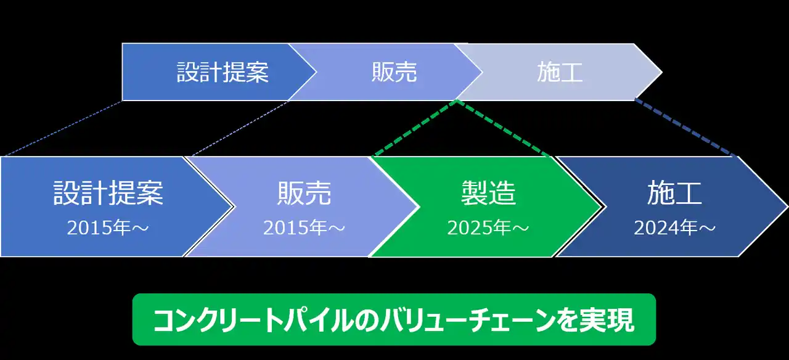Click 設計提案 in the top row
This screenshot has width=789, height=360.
pos(223,72)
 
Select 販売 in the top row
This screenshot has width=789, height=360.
pos(394,72)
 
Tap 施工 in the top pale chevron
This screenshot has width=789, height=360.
pos(560,72)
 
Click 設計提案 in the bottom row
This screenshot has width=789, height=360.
pos(108,193)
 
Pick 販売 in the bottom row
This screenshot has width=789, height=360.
pos(305,193)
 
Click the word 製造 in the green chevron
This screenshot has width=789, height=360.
pos(489,193)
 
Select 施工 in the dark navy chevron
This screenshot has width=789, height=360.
pos(674,193)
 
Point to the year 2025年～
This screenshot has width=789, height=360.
pos(488,227)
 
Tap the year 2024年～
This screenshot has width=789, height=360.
pos(674,227)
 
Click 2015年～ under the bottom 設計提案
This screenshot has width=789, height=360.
pos(108,227)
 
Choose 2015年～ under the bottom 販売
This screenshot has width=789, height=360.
pos(304,227)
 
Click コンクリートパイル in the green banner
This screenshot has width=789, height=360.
pos(253,320)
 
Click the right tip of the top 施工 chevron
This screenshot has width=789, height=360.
pos(662,72)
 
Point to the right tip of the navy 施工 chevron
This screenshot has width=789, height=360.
pos(788,207)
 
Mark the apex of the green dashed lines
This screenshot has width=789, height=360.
pos(457,101)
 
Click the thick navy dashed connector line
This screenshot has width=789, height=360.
pos(685,128)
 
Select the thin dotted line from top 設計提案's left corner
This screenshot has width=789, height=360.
pos(63,128)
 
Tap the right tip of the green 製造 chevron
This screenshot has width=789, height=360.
pos(602,207)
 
